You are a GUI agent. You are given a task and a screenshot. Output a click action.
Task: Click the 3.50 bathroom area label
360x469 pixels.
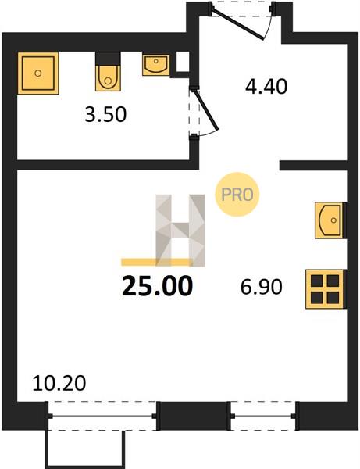coord(105,115)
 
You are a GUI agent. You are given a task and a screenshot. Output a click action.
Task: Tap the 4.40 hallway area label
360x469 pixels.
coord(266,87)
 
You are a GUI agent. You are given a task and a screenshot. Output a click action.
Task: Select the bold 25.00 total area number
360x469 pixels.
coord(157,286)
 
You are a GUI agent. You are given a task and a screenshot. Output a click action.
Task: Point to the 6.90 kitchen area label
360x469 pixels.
coord(261,287)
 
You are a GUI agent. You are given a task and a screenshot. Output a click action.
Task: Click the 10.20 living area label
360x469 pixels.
coord(59,384)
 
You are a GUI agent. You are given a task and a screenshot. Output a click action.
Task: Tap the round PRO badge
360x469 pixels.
coord(237,195)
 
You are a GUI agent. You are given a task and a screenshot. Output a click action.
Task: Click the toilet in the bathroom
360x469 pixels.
coord(108,77)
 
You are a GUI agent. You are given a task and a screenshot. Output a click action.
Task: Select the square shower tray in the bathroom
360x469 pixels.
coord(38,73)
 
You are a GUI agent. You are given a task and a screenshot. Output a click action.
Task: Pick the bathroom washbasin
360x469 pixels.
coord(156,64)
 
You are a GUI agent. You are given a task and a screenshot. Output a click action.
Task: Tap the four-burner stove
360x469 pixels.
coord(326,289)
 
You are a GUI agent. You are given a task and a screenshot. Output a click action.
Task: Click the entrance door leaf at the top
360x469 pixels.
coord(237,24)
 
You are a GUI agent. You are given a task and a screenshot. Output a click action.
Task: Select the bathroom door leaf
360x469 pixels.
coord(206,110)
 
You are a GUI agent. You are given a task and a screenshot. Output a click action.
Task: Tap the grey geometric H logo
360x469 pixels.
coord(180,231)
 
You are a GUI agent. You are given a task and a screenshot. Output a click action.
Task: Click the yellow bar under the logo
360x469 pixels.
coord(156,262)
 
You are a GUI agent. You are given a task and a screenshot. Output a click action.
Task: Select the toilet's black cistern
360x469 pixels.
coord(108,59)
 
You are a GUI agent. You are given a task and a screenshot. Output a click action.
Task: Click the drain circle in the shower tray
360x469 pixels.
coord(38,73)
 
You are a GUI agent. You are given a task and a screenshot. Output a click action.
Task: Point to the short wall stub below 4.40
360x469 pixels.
coord(313,166)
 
